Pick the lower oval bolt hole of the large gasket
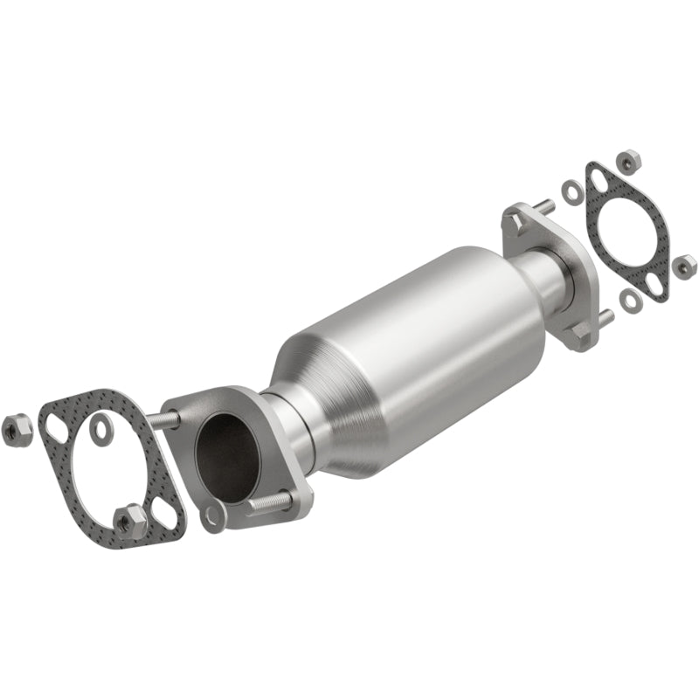pyautogui.click(x=163, y=512)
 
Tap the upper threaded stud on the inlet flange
pyautogui.click(x=166, y=420)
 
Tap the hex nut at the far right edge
pyautogui.click(x=685, y=262)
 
